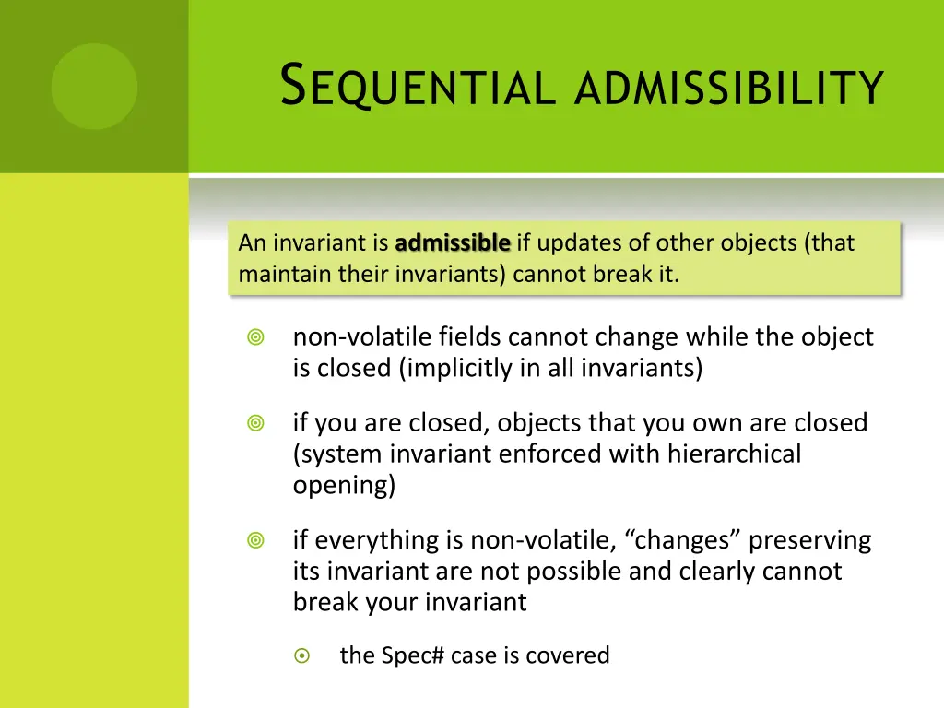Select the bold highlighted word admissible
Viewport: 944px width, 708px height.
point(453,243)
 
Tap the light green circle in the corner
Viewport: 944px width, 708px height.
point(94,87)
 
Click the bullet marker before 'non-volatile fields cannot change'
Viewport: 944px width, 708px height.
point(256,338)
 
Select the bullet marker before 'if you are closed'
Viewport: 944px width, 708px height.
point(256,424)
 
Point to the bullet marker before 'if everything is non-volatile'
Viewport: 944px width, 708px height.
point(256,541)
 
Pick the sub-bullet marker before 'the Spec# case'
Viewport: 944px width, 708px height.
point(301,656)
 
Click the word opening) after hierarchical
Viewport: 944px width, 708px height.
point(344,484)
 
